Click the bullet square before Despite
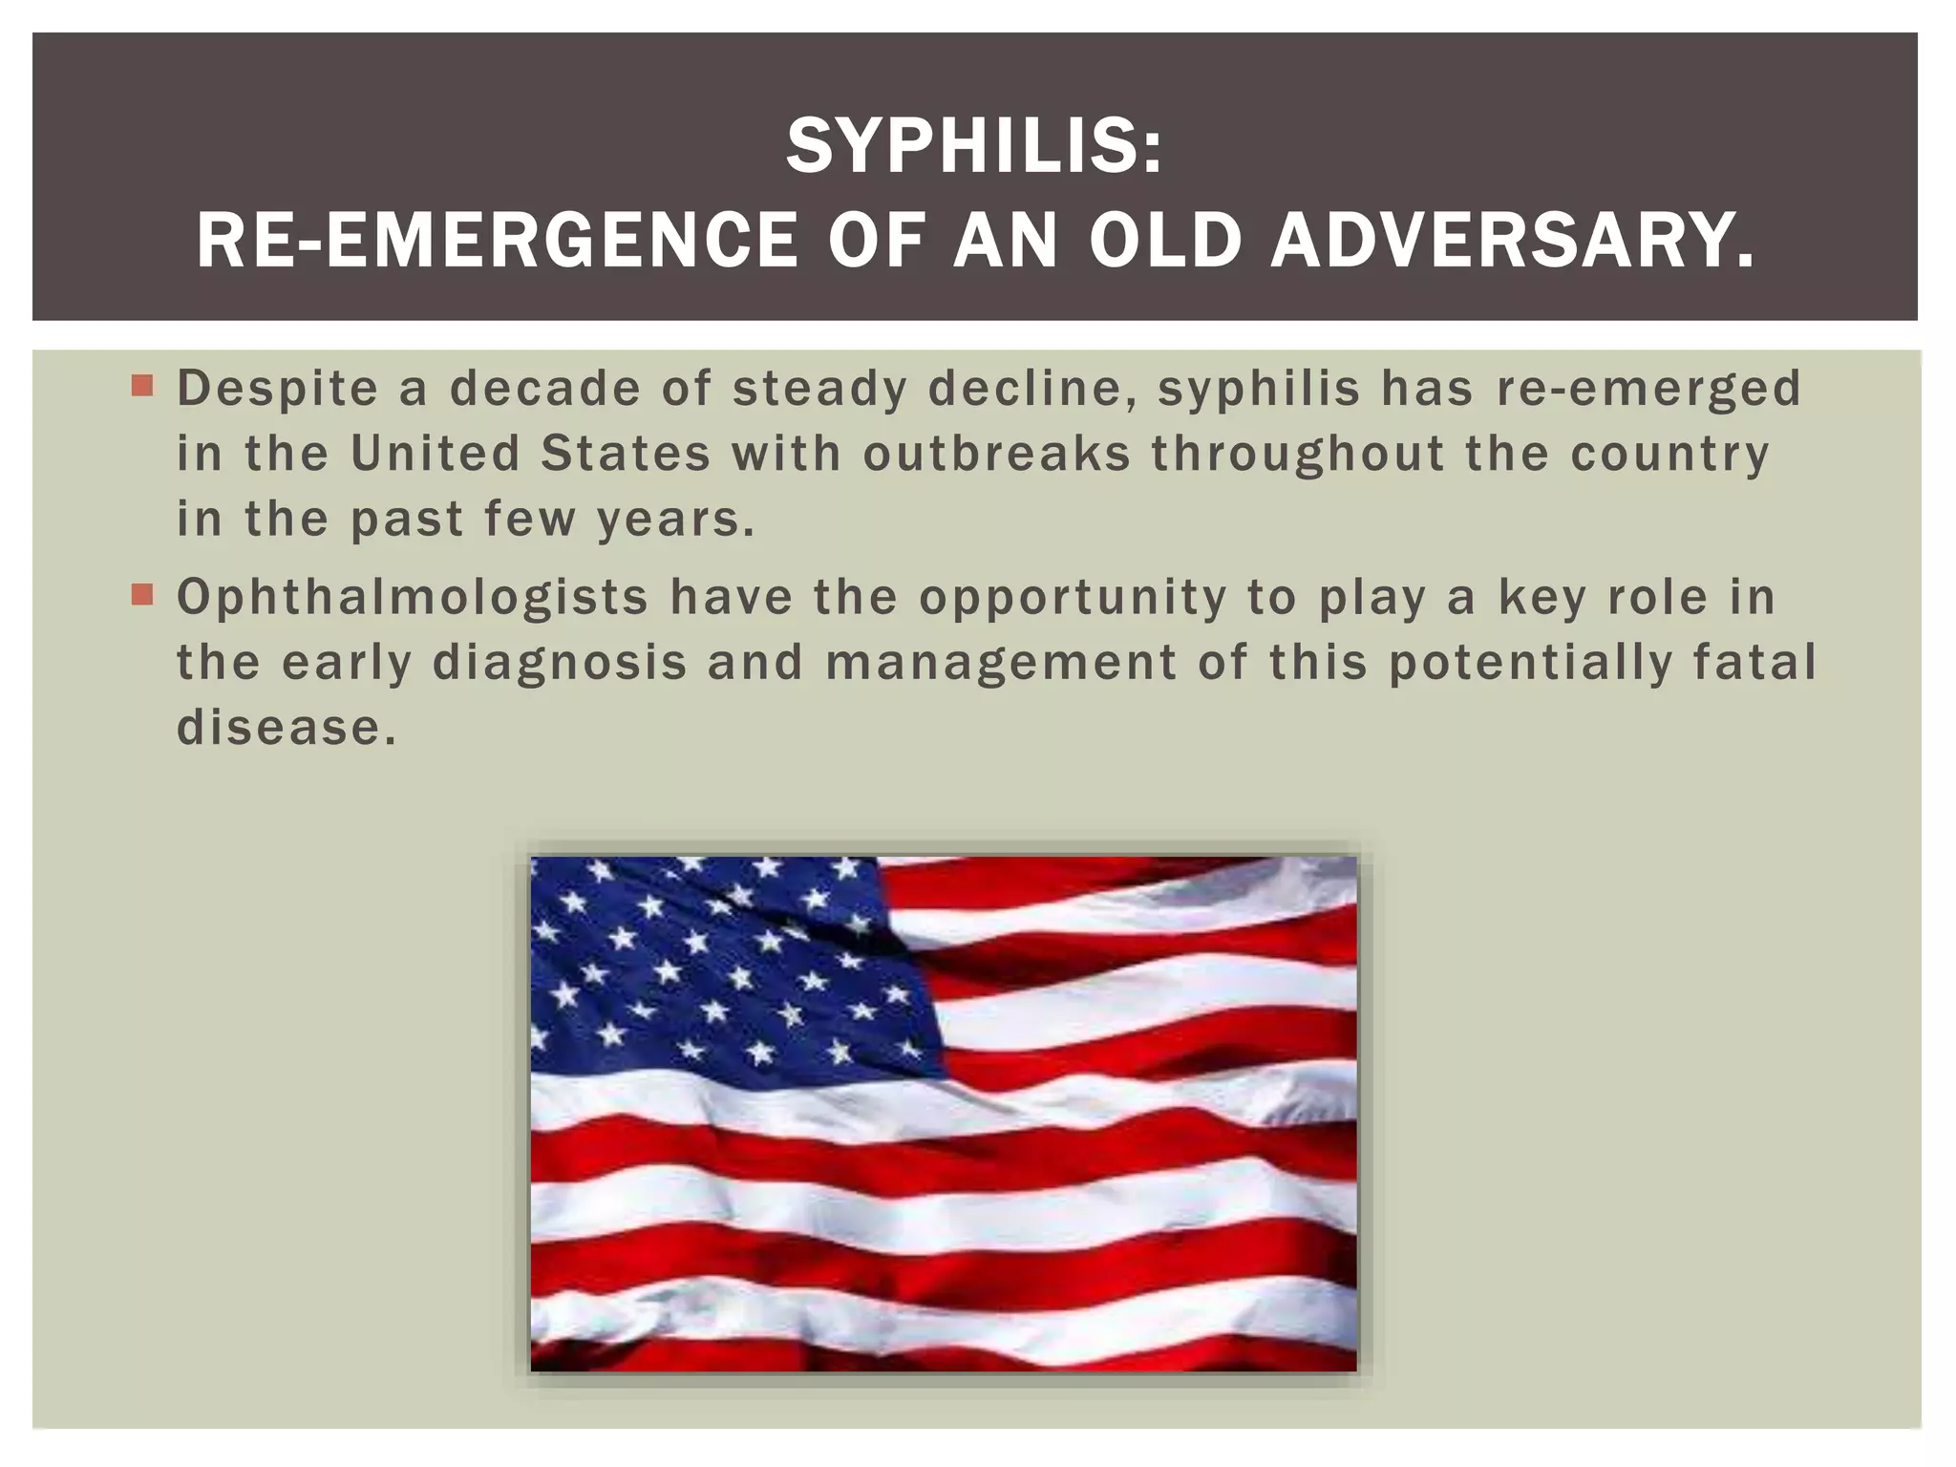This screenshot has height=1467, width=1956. click(142, 387)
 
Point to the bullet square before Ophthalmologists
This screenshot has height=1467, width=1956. click(142, 596)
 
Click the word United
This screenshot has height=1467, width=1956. click(435, 454)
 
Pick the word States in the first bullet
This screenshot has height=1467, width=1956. click(626, 454)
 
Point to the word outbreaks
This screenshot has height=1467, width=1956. click(996, 454)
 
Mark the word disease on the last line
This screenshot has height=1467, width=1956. click(285, 728)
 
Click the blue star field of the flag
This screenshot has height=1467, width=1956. click(707, 965)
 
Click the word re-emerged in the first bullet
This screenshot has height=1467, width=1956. click(1648, 390)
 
